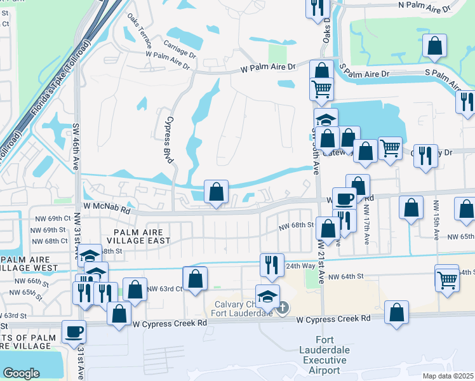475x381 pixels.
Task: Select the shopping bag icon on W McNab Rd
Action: [216, 192]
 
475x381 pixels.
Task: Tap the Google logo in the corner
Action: [21, 373]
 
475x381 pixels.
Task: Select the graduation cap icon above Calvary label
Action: [267, 296]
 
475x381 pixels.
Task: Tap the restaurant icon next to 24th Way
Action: [272, 265]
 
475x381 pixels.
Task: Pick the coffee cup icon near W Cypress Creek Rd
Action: [74, 332]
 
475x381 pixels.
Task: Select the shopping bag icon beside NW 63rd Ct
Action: [195, 278]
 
